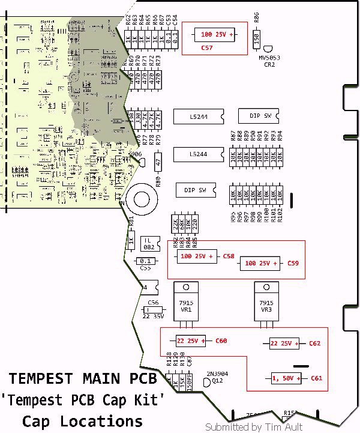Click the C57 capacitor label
coord(207,47)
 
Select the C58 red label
coord(228,256)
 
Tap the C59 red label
coord(293,263)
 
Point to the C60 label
coord(221,341)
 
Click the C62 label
coord(314,344)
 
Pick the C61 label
coord(316,378)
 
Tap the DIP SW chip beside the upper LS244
coord(255,115)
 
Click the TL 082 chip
coord(149,243)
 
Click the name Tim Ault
coord(284,427)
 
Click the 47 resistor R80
coord(158,162)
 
